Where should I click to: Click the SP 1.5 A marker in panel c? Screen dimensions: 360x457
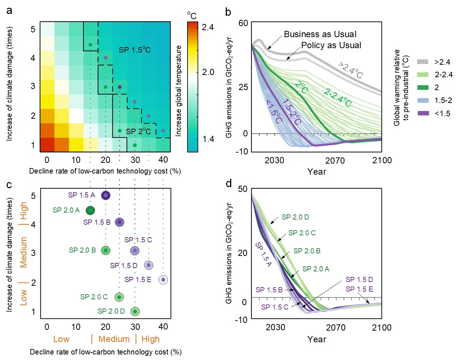pyautogui.click(x=106, y=195)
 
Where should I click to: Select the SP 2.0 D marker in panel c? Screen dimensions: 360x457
pyautogui.click(x=135, y=311)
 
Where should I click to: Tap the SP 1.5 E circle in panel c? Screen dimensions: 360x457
pyautogui.click(x=163, y=280)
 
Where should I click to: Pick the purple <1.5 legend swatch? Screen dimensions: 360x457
pyautogui.click(x=423, y=113)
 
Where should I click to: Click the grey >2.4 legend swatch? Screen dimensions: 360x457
pyautogui.click(x=423, y=62)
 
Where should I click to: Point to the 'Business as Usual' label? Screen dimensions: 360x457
pyautogui.click(x=320, y=34)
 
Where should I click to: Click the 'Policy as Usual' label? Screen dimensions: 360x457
pyautogui.click(x=331, y=45)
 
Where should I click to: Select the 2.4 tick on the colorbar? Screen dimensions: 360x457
pyautogui.click(x=208, y=27)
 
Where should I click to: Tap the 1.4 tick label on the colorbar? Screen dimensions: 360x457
pyautogui.click(x=208, y=139)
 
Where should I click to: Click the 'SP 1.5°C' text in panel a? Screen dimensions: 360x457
pyautogui.click(x=135, y=50)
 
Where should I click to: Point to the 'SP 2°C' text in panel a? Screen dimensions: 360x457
pyautogui.click(x=138, y=131)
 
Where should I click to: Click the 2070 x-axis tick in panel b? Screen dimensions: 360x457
pyautogui.click(x=335, y=160)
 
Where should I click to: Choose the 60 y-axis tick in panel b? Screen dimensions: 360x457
pyautogui.click(x=243, y=23)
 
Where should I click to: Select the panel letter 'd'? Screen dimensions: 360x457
pyautogui.click(x=229, y=183)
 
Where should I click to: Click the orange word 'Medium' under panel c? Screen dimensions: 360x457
pyautogui.click(x=114, y=339)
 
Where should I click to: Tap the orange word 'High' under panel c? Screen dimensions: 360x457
pyautogui.click(x=150, y=339)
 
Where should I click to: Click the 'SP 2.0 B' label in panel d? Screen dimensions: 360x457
pyautogui.click(x=307, y=251)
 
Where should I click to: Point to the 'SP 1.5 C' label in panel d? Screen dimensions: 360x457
pyautogui.click(x=275, y=307)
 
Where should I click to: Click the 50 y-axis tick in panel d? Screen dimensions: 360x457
pyautogui.click(x=243, y=189)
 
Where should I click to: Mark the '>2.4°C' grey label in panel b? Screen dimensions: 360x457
pyautogui.click(x=350, y=70)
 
